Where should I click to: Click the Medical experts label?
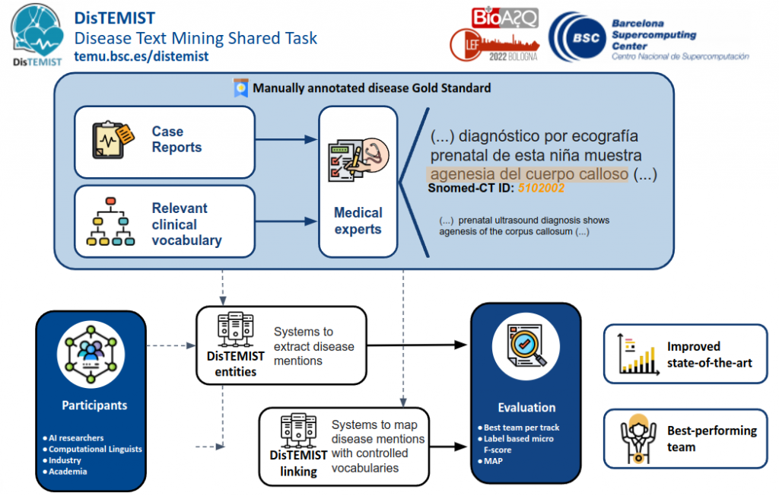pyautogui.click(x=358, y=221)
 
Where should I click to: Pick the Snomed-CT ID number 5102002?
pyautogui.click(x=541, y=187)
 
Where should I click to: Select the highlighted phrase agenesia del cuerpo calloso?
pyautogui.click(x=528, y=173)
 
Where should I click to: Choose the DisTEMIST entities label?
pyautogui.click(x=236, y=364)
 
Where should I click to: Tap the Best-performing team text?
pyautogui.click(x=712, y=439)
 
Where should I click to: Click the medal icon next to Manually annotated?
pyautogui.click(x=241, y=88)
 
